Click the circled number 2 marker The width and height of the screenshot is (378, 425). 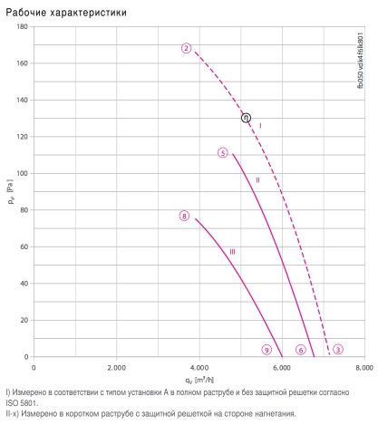(x=187, y=48)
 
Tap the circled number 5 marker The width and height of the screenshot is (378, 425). (x=223, y=153)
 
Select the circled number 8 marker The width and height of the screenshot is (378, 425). (x=184, y=216)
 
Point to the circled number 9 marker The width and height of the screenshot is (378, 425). (x=267, y=350)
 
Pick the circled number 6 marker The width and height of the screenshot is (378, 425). (x=301, y=350)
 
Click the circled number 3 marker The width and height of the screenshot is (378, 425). (x=338, y=350)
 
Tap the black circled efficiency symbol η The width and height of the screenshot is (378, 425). (x=246, y=118)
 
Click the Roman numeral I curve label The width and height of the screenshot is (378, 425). (x=260, y=125)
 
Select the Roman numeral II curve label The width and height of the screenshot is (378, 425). (x=257, y=180)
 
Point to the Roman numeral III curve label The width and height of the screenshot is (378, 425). (x=232, y=252)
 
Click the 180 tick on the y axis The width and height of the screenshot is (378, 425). (x=22, y=26)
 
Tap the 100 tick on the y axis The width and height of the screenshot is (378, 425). (x=22, y=173)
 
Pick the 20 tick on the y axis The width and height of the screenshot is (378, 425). (x=24, y=320)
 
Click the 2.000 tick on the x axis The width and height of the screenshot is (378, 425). (x=117, y=368)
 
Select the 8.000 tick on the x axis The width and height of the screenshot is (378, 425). (x=364, y=368)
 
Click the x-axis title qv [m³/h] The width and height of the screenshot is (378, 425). (x=199, y=380)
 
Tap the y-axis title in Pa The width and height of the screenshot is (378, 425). (x=11, y=192)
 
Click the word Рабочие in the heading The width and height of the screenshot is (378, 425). (x=26, y=13)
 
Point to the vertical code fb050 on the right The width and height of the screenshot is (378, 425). (x=361, y=61)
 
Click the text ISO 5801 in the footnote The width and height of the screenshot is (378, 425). (x=22, y=403)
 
